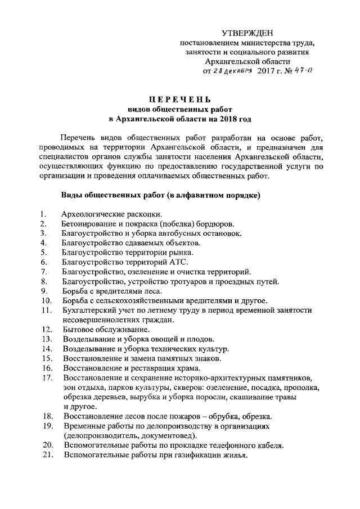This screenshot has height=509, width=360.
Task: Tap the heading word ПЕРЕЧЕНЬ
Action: point(180,100)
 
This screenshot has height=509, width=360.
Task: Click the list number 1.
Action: point(43,214)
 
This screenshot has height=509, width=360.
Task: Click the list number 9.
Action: point(43,291)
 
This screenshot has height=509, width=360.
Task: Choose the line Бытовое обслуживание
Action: point(106,329)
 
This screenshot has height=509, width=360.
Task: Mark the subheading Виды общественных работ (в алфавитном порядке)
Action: point(160,195)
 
